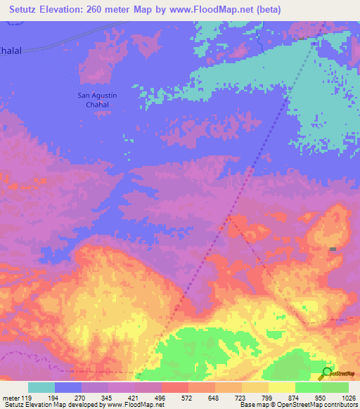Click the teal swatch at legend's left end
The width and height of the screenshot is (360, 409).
[x=41, y=387]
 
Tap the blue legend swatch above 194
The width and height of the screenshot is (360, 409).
[x=68, y=387]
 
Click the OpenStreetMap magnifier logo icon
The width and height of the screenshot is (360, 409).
[x=326, y=373]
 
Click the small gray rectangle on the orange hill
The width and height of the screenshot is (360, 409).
[x=333, y=249]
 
